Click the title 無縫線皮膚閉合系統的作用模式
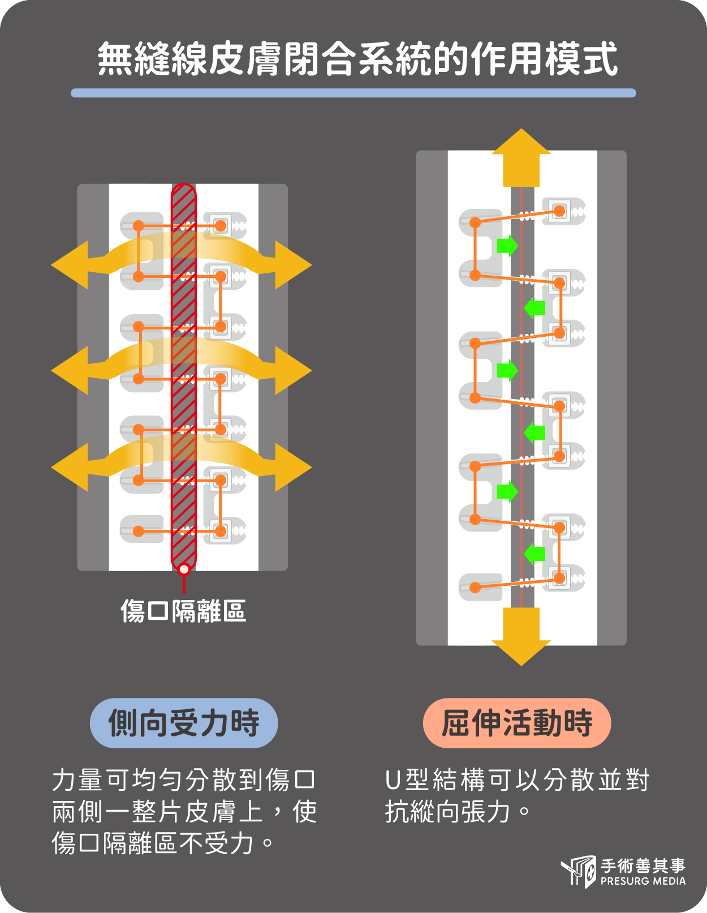point(357,59)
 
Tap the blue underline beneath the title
point(353,93)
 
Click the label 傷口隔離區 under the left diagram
point(183,611)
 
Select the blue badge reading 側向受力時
point(184,723)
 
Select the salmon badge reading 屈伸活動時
point(517,723)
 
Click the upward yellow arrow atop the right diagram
point(521,153)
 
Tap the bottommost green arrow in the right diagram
point(534,553)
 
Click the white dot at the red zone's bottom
point(184,569)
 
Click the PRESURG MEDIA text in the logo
point(643,881)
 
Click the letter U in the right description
point(393,780)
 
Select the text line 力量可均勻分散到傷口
point(184,780)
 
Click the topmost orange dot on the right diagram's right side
point(559,212)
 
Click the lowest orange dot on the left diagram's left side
point(139,531)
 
